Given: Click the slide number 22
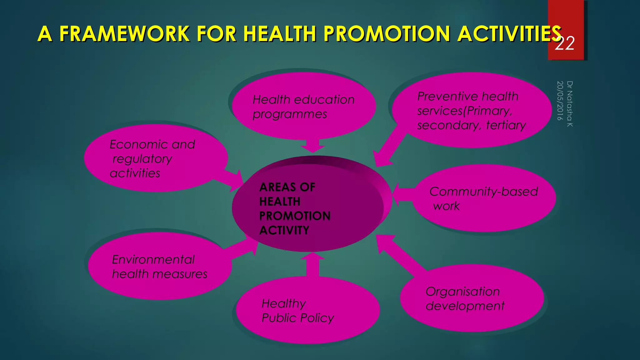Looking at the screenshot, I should tap(564, 44).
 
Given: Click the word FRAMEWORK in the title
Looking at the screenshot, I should tap(124, 34).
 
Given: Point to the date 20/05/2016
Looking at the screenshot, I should tap(560, 101).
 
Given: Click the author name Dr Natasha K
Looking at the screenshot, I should tap(570, 104).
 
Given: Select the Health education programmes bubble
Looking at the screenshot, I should tap(303, 106).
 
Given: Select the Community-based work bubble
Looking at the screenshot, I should tap(484, 198).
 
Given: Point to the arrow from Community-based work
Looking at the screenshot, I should tap(403, 194).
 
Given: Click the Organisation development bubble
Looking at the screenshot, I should tap(472, 298).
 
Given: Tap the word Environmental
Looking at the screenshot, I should tap(153, 259).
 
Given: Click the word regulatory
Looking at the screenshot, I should tap(142, 159).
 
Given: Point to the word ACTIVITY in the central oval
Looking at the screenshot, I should tap(284, 230).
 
